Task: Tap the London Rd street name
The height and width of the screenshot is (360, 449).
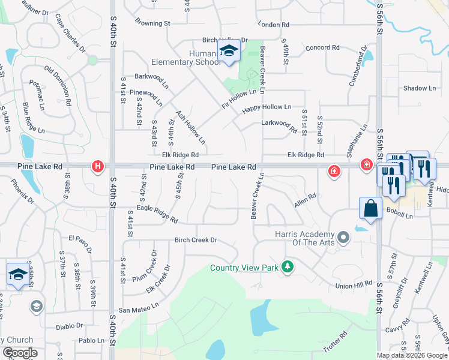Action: [x=274, y=25]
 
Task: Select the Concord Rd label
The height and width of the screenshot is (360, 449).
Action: [x=323, y=47]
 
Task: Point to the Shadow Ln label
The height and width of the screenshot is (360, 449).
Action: [x=420, y=88]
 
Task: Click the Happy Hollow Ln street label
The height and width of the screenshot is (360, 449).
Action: [x=267, y=109]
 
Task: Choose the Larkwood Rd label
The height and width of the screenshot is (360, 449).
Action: [x=280, y=125]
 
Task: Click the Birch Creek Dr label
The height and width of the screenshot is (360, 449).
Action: [x=195, y=240]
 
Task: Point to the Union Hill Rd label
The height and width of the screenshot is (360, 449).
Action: [x=354, y=286]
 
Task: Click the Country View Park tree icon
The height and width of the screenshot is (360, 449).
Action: [x=288, y=266]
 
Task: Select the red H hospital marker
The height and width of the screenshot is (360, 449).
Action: [x=97, y=167]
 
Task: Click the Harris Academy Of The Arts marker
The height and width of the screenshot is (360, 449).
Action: [x=343, y=238]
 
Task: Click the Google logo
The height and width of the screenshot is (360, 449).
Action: [x=20, y=353]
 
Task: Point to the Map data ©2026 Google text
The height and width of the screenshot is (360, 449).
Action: [x=412, y=355]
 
